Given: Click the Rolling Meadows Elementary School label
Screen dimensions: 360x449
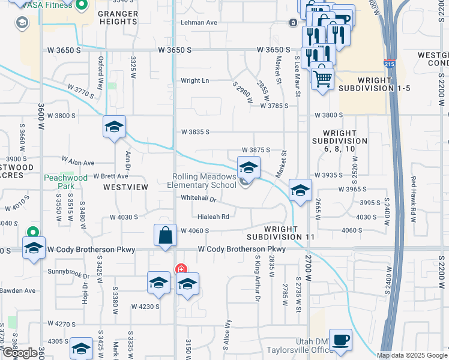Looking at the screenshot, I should pyautogui.click(x=204, y=181).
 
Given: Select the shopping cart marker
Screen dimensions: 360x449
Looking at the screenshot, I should pyautogui.click(x=322, y=77).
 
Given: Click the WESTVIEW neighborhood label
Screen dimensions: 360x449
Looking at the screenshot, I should pyautogui.click(x=125, y=187).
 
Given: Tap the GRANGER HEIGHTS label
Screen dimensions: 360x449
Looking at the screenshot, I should pyautogui.click(x=117, y=17).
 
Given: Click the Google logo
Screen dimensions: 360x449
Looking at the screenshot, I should pyautogui.click(x=19, y=353).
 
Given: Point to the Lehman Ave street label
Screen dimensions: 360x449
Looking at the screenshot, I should pyautogui.click(x=199, y=22).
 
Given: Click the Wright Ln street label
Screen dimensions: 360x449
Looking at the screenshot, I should pyautogui.click(x=195, y=80).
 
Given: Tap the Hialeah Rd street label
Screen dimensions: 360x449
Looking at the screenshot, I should pyautogui.click(x=214, y=217).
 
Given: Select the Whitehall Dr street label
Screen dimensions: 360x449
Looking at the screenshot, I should pyautogui.click(x=198, y=198).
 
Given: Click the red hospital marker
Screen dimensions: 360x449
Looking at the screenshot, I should pyautogui.click(x=179, y=269).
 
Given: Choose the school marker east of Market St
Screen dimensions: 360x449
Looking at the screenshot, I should pyautogui.click(x=300, y=190).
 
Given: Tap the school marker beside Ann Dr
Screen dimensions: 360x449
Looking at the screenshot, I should pyautogui.click(x=113, y=127).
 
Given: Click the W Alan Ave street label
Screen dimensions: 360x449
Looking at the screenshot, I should pyautogui.click(x=78, y=163).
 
